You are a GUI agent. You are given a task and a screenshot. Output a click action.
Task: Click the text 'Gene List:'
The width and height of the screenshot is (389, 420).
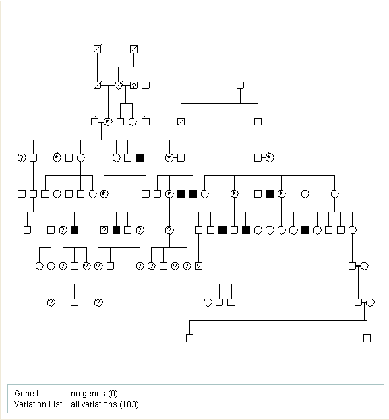[33, 394]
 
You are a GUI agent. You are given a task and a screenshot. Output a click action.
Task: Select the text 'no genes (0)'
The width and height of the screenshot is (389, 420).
[94, 394]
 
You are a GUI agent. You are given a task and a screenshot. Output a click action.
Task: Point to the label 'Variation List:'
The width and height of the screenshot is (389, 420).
[39, 404]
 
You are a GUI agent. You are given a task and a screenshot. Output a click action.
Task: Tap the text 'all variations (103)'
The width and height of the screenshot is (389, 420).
[104, 404]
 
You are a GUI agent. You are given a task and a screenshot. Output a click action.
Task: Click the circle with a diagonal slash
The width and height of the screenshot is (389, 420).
[118, 86]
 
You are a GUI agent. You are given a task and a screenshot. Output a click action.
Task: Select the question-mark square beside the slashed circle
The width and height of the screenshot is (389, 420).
[133, 86]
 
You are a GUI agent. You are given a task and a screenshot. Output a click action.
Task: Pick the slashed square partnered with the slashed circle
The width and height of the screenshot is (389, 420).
[97, 86]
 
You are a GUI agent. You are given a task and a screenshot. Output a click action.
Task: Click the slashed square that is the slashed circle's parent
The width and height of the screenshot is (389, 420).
[133, 49]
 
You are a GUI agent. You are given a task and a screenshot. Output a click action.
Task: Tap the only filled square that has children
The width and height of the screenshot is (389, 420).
[140, 158]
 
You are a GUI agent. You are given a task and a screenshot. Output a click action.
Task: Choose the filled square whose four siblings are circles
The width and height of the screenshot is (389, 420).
[305, 230]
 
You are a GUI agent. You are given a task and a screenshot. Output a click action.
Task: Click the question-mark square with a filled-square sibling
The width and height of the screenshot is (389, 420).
[104, 230]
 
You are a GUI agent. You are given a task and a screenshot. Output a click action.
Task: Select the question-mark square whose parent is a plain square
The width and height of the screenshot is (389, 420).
[198, 266]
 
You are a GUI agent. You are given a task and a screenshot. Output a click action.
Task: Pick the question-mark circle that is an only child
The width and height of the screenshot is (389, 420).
[98, 303]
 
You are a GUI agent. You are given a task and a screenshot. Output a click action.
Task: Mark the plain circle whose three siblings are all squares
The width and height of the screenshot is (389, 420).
[208, 303]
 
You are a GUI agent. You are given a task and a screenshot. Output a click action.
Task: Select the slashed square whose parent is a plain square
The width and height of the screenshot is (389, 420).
[181, 121]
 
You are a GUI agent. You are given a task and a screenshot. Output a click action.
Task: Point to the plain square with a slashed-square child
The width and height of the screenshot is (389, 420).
[240, 86]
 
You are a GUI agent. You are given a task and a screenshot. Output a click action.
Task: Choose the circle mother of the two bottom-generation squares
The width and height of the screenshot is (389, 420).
[370, 303]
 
